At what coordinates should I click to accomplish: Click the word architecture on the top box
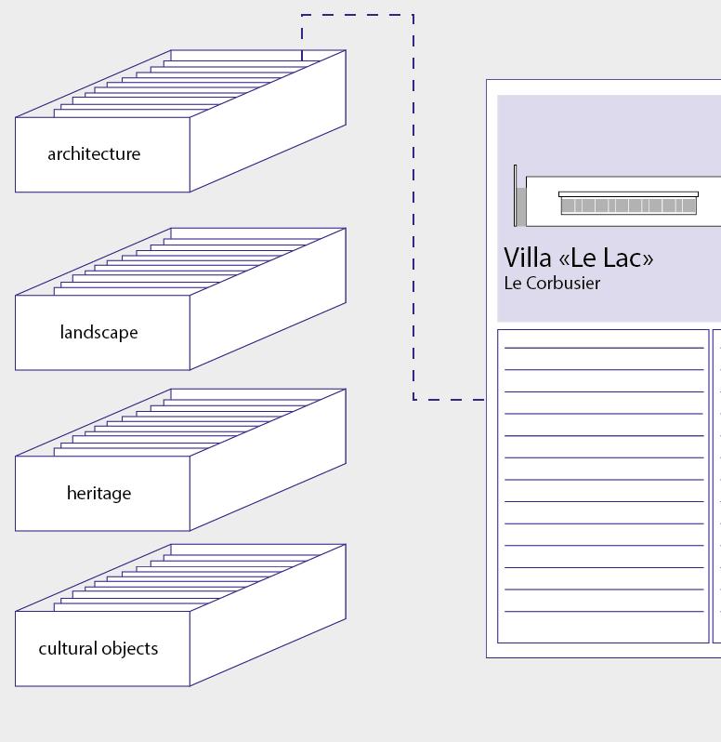pos(94,154)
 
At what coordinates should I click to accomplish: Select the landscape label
pos(98,333)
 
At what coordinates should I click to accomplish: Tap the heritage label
pos(98,494)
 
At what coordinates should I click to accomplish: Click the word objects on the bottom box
pos(130,649)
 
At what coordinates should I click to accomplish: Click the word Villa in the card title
pos(528,258)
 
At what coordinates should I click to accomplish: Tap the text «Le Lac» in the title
pos(606,258)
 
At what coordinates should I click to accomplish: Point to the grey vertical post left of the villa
pos(520,205)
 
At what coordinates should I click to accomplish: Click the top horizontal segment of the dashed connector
pos(358,15)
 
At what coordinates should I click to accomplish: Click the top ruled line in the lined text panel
pos(604,348)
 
